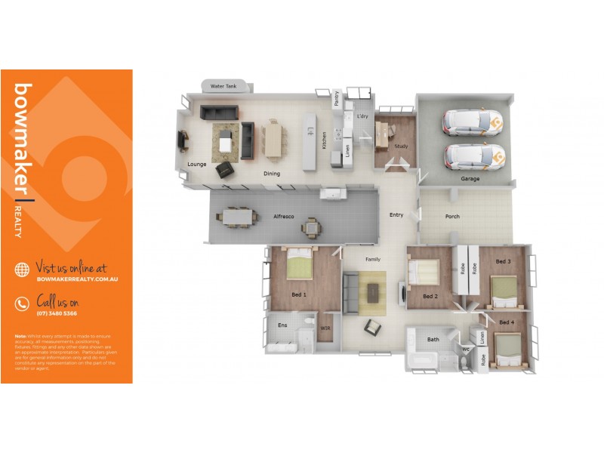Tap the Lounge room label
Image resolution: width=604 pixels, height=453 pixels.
pos(197,164)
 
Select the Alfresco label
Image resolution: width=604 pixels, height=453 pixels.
pos(284,217)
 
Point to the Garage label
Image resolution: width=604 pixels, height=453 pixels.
pos(470,179)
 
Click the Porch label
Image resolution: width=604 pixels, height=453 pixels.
pos(452,217)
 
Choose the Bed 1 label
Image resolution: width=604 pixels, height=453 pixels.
pos(299,294)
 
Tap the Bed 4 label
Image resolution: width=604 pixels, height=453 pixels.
pos(507,322)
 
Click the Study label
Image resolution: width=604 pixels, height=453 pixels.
pos(401,147)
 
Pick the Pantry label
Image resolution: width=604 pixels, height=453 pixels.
pos(336,97)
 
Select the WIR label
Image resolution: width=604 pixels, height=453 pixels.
pos(325,328)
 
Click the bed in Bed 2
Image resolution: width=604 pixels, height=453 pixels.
pos(424,271)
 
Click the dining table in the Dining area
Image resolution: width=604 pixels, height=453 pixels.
pos(273,140)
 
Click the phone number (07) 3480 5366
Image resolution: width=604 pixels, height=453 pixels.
pos(57,313)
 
